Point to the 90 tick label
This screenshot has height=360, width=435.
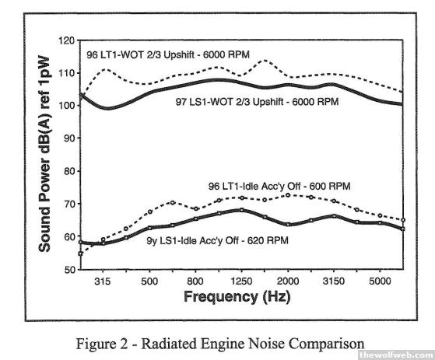pyautogui.click(x=69, y=138)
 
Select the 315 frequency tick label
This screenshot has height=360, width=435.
pyautogui.click(x=103, y=281)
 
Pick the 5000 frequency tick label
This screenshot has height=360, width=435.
pyautogui.click(x=380, y=281)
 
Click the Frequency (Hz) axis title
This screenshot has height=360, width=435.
pyautogui.click(x=237, y=297)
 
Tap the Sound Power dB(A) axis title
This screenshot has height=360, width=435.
pyautogui.click(x=44, y=154)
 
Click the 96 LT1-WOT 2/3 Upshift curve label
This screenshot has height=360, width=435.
pyautogui.click(x=168, y=54)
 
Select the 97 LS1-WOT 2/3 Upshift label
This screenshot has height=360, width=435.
pyautogui.click(x=257, y=102)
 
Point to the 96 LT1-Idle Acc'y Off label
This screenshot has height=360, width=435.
pyautogui.click(x=279, y=186)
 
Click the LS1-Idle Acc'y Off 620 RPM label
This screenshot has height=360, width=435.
pyautogui.click(x=218, y=240)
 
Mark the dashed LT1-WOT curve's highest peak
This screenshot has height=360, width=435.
pyautogui.click(x=265, y=60)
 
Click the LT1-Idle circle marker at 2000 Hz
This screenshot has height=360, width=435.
pyautogui.click(x=288, y=195)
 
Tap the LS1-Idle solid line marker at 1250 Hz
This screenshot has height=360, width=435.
pyautogui.click(x=242, y=210)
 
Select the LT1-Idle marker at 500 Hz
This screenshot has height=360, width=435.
pyautogui.click(x=150, y=211)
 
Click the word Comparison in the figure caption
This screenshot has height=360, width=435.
pyautogui.click(x=327, y=344)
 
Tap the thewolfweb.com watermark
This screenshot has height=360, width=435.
pyautogui.click(x=396, y=355)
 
